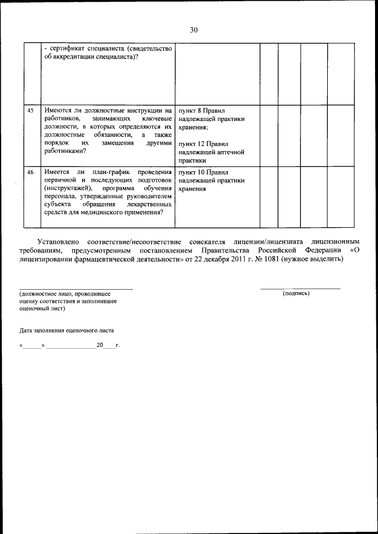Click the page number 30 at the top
194,30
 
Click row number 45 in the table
31,110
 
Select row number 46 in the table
31,172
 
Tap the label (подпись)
296,293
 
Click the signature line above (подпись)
301,288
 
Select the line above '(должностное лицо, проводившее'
76,288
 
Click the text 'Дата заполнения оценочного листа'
66,330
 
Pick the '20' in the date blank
100,344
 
